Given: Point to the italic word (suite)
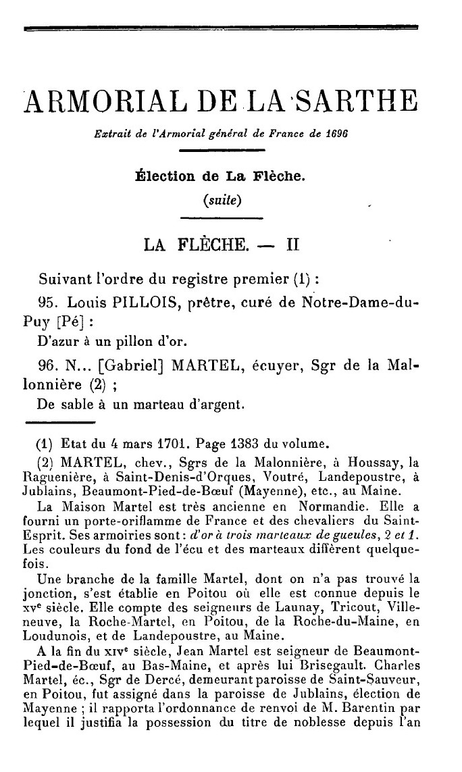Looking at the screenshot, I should point(222,201).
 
